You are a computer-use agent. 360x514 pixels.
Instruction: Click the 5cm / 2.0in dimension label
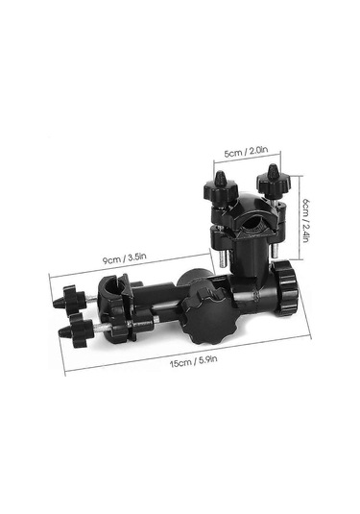pyautogui.click(x=246, y=152)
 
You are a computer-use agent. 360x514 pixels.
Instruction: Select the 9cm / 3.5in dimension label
pyautogui.click(x=124, y=258)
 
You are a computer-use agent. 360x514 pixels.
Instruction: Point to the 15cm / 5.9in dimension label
pyautogui.click(x=193, y=361)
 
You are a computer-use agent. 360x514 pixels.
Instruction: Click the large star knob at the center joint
pyautogui.click(x=205, y=316)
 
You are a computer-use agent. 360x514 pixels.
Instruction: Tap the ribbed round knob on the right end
pyautogui.click(x=286, y=287)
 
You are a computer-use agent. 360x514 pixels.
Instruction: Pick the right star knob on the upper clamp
pyautogui.click(x=269, y=182)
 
